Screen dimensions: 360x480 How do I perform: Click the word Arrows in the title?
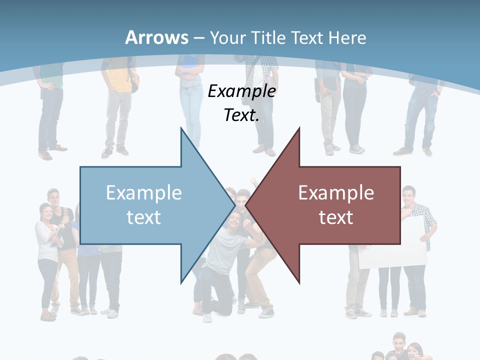click(156, 37)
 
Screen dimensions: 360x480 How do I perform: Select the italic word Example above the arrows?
click(242, 91)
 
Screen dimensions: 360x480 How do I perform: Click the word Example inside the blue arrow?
click(144, 192)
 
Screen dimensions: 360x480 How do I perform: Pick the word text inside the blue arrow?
click(144, 217)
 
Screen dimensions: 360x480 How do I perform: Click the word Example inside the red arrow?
click(336, 192)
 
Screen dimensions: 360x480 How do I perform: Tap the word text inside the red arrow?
click(336, 217)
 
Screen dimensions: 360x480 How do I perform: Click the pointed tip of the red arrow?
click(246, 205)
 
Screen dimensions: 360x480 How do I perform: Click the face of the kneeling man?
click(234, 219)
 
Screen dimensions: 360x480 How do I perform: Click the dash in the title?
click(198, 37)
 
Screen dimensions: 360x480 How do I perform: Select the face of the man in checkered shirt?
click(408, 194)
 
